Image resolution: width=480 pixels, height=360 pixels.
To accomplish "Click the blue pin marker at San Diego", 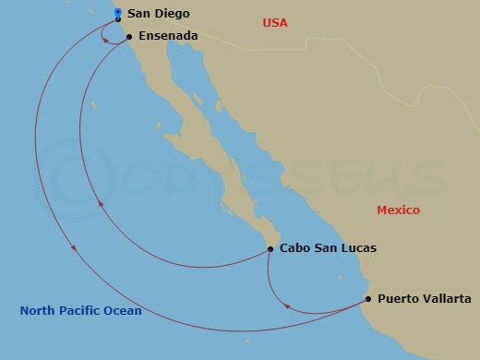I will (x=118, y=12).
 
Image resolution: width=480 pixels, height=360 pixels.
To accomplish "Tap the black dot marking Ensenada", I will (x=129, y=37).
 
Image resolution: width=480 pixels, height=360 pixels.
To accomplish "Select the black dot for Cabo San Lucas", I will (x=270, y=248).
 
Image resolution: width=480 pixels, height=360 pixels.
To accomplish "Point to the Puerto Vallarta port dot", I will (x=368, y=299).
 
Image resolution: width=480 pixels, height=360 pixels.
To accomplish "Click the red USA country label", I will (x=276, y=21).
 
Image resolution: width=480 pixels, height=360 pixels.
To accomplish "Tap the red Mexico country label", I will (x=398, y=210).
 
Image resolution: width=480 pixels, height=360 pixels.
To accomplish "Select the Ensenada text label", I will (x=168, y=37).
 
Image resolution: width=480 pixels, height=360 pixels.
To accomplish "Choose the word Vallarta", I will (x=448, y=299).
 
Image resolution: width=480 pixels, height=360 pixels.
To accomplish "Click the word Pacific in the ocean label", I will (x=81, y=311).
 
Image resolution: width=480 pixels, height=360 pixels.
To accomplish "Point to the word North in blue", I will (x=38, y=311).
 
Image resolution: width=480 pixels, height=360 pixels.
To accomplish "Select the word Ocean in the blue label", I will (x=123, y=311).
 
